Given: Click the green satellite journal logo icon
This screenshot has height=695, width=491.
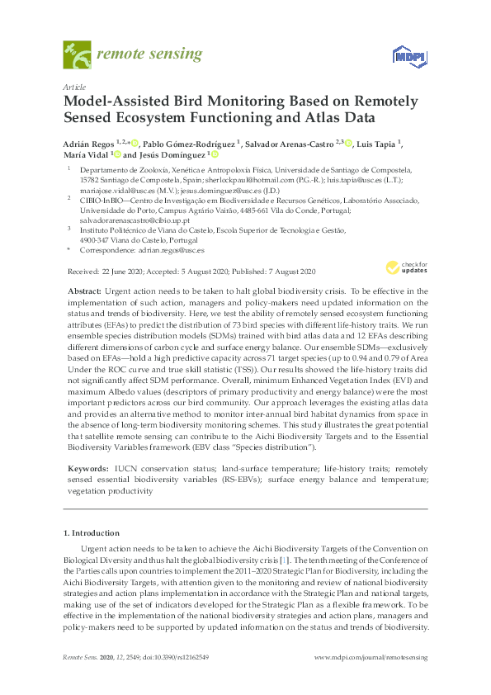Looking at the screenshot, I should pos(77,55).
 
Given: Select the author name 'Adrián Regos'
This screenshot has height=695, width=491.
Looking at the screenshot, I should pos(85,143).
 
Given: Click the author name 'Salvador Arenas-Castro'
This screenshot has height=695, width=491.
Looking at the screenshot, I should pos(296,143).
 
